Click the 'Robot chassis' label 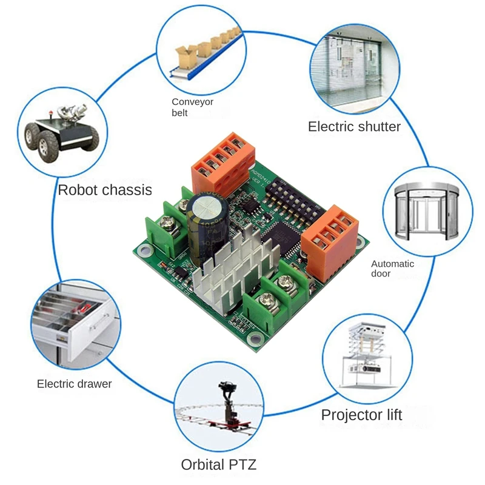[x=104, y=190]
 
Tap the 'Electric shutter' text [x=354, y=127]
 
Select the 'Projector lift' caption [x=361, y=415]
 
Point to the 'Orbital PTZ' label [x=219, y=465]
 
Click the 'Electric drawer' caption [x=74, y=384]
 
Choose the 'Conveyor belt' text [x=192, y=107]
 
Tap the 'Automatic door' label [x=392, y=269]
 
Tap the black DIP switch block [x=290, y=194]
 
